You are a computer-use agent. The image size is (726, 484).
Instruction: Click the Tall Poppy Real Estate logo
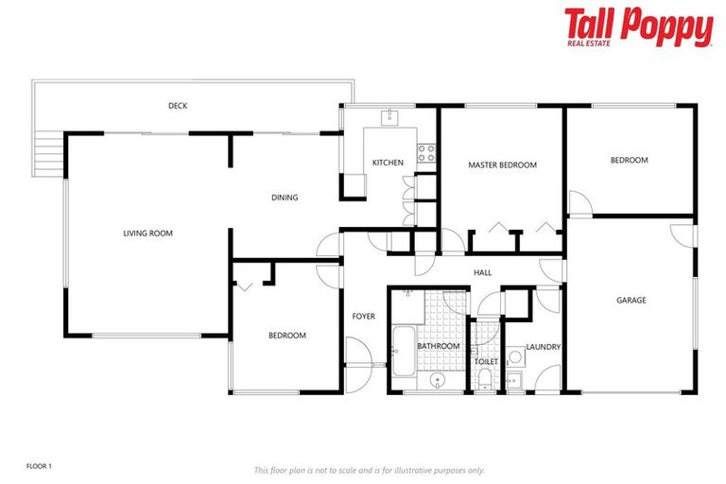(638, 27)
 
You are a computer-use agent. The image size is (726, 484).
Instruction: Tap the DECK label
(178, 106)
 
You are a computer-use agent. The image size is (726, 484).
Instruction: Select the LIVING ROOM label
(148, 233)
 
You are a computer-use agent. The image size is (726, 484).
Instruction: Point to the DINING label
(285, 198)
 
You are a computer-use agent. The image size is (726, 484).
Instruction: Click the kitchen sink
(389, 117)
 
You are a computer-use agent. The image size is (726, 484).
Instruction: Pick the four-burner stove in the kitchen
(426, 151)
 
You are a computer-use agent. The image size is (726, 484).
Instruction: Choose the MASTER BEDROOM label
(502, 164)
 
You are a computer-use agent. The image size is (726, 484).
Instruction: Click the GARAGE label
(631, 300)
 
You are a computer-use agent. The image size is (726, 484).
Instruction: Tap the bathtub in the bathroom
(401, 353)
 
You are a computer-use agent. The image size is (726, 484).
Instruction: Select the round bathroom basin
(438, 380)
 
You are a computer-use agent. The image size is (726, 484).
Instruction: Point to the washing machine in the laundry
(516, 358)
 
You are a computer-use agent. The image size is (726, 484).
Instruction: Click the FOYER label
(364, 316)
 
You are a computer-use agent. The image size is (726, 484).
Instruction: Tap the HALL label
(483, 273)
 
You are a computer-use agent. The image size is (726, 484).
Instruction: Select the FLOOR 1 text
(39, 466)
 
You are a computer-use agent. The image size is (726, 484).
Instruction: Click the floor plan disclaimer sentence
(369, 470)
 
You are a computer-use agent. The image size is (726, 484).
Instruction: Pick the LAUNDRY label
(544, 347)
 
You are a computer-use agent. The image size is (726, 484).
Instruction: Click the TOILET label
(486, 361)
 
